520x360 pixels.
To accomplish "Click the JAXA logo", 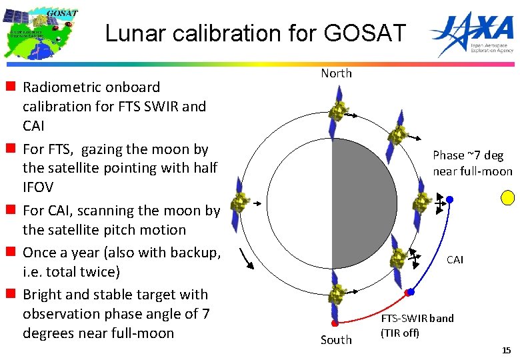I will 472,31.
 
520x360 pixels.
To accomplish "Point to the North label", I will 336,73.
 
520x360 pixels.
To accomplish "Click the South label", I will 336,340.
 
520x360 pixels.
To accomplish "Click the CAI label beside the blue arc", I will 455,260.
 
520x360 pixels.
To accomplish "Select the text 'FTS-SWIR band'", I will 417,318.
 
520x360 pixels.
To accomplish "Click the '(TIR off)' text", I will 400,332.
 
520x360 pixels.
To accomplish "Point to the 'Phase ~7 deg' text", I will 468,155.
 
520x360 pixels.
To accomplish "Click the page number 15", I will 507,350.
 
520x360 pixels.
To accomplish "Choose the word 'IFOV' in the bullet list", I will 41,187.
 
